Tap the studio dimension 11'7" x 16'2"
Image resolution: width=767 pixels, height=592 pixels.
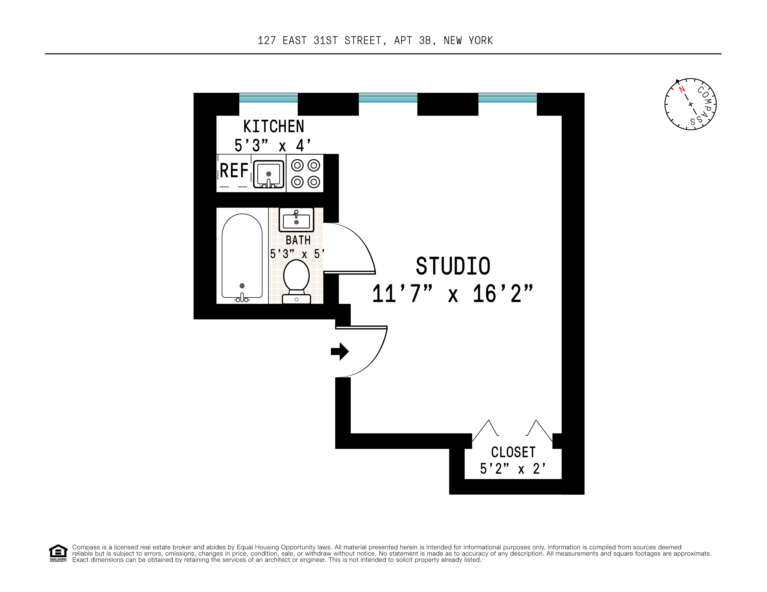[453, 294]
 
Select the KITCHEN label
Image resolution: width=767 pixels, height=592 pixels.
[274, 126]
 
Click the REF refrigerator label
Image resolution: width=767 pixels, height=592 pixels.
[234, 171]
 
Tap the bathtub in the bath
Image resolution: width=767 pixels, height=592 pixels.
[242, 256]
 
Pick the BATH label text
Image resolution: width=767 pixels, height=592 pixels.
[298, 240]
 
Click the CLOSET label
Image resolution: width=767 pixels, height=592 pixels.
[513, 452]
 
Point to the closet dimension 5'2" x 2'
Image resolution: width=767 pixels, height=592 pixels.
[513, 469]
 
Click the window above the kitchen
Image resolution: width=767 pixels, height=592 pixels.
[268, 98]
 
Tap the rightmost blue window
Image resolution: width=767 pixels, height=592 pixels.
[507, 98]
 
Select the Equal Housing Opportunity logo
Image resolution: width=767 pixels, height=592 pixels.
[58, 553]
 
